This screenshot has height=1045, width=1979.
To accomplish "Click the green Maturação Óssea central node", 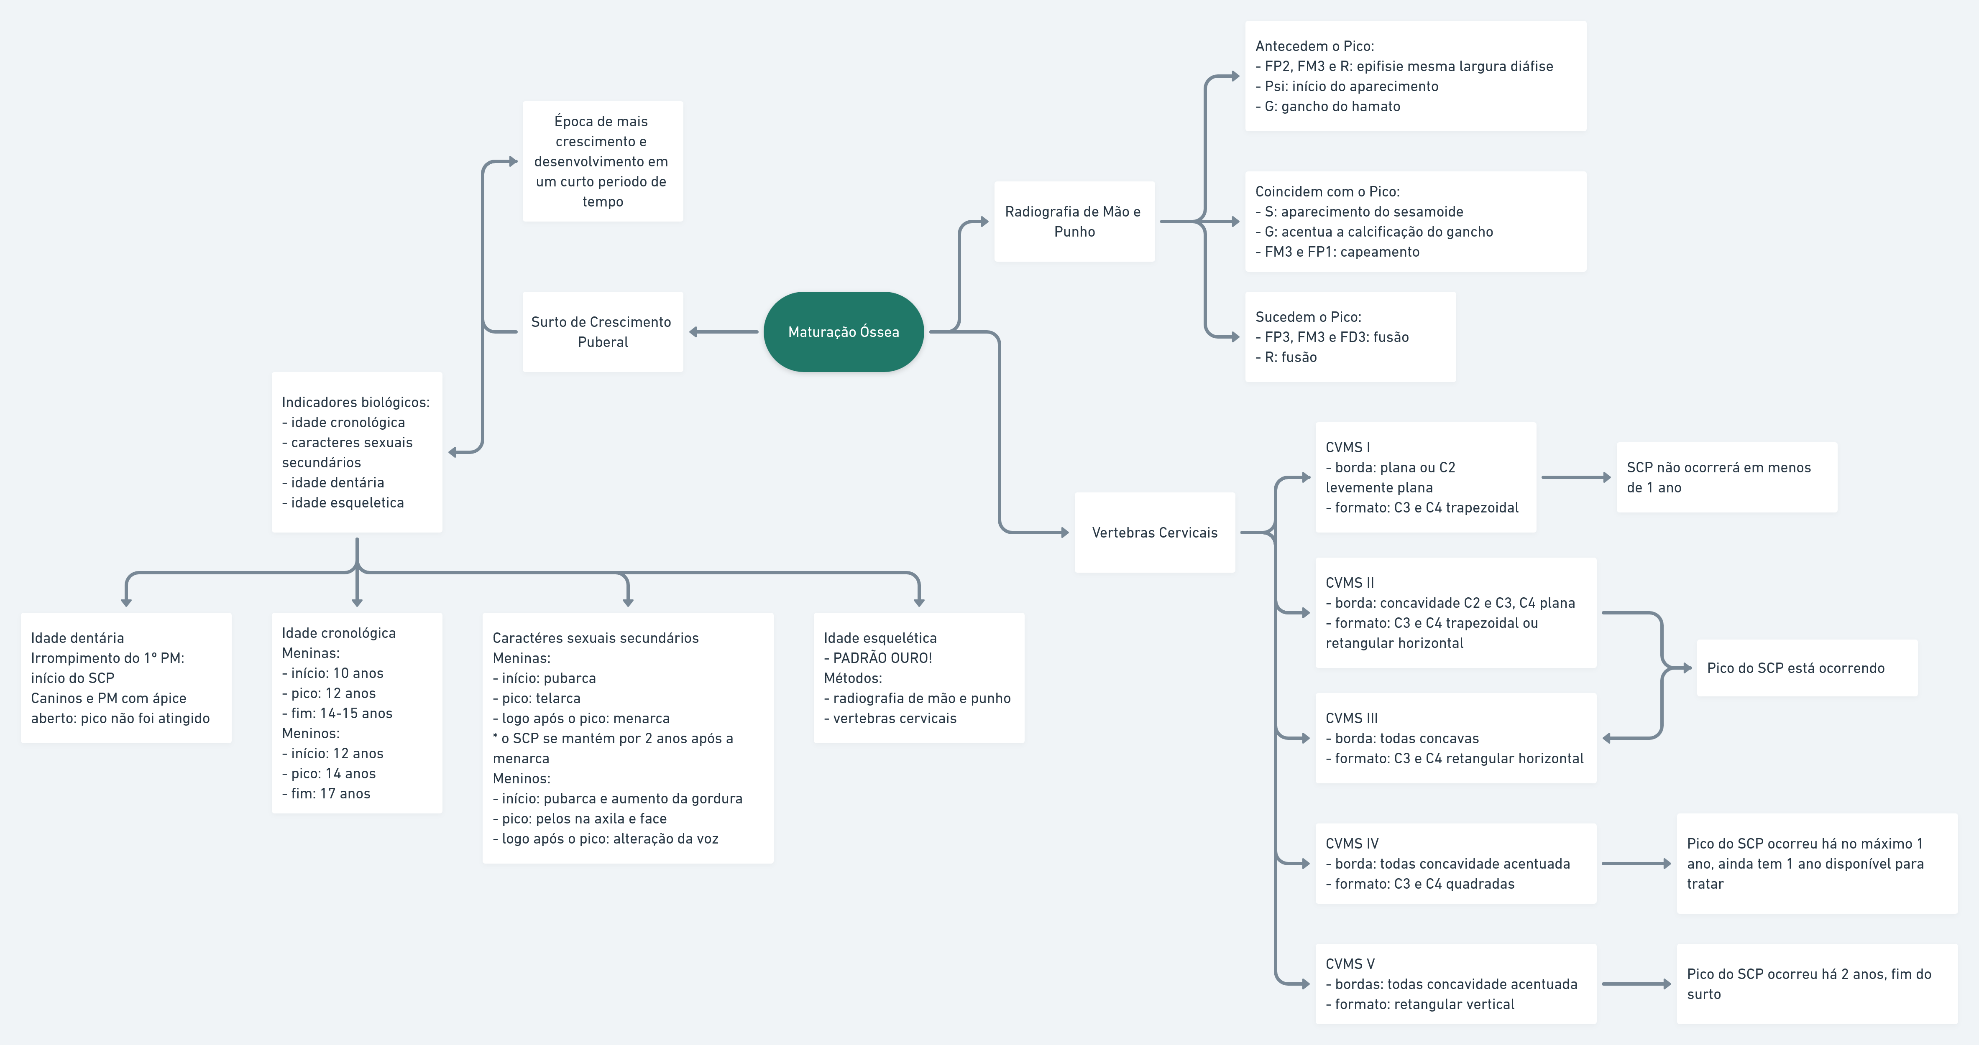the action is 844,332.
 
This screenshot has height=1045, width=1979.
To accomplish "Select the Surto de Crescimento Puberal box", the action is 602,332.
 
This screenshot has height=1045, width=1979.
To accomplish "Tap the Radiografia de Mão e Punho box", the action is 1074,221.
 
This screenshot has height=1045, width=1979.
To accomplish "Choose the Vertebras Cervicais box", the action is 1155,532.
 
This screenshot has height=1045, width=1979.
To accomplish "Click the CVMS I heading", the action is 1347,447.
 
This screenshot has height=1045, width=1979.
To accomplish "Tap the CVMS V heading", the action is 1350,963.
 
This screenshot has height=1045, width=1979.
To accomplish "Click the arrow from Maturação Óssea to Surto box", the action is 723,332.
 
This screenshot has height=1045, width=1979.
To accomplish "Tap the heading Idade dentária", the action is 77,637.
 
